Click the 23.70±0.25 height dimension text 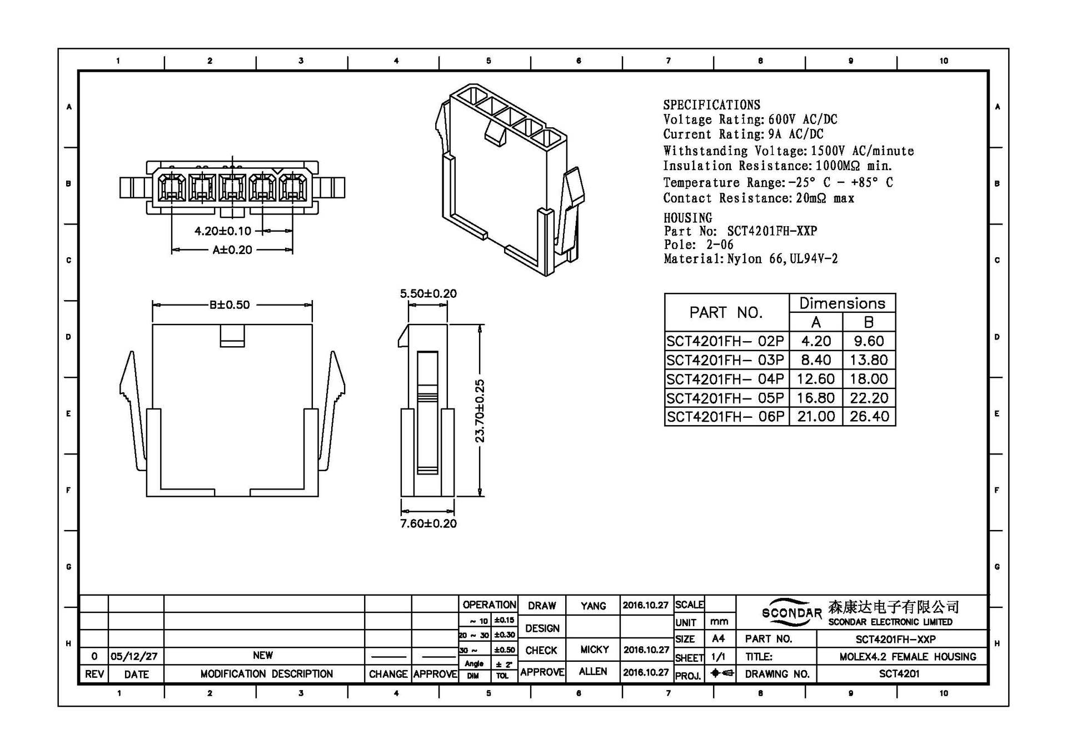tap(480, 411)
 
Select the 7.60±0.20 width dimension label tap(428, 523)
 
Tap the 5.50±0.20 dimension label tap(428, 293)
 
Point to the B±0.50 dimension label tap(230, 304)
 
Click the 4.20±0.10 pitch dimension tap(223, 231)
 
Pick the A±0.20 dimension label tap(232, 250)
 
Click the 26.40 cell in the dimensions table tap(869, 417)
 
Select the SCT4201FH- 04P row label tap(725, 379)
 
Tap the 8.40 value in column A tap(816, 360)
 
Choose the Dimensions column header tap(842, 303)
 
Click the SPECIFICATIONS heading tap(711, 105)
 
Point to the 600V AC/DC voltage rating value tap(802, 119)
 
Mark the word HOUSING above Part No tap(687, 218)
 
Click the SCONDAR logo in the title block tap(791, 612)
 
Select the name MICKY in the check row tap(594, 650)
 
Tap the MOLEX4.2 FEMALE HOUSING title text tap(908, 657)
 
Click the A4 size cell tap(719, 639)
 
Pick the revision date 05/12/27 tap(134, 656)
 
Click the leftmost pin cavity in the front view tap(172, 187)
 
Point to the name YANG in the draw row tap(593, 606)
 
